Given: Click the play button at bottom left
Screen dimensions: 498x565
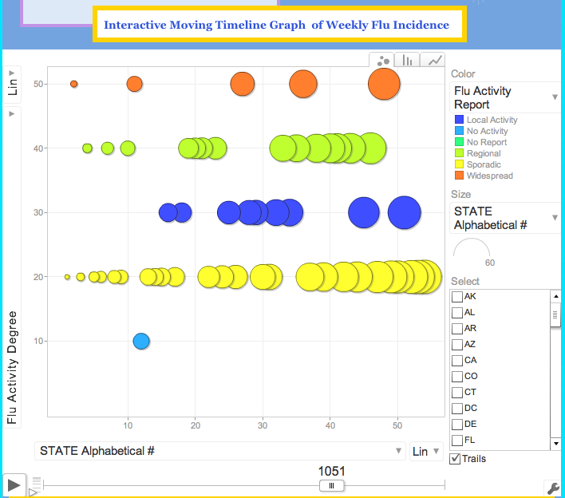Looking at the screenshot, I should [13, 484].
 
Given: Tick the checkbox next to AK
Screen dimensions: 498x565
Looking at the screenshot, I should [457, 297].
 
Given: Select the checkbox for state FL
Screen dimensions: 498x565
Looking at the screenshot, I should [457, 441].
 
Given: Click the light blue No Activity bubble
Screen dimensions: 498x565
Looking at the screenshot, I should [141, 341].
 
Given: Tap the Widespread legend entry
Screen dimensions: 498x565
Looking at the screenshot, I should [489, 176].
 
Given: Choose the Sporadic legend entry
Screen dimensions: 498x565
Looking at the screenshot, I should [484, 164].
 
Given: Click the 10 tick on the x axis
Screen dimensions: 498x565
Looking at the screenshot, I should [128, 425].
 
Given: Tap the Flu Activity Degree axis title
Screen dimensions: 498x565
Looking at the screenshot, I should [12, 367].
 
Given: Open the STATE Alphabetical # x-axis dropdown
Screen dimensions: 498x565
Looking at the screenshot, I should [220, 452].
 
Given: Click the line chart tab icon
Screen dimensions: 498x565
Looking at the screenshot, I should [434, 60].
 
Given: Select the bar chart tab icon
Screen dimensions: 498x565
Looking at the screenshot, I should [408, 60].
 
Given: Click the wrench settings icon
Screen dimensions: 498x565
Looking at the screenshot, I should [551, 488].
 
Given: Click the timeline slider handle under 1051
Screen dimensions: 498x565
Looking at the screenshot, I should [331, 485].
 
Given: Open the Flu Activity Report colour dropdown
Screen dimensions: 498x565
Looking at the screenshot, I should [504, 97].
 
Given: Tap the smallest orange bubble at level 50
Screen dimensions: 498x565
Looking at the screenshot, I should [73, 84].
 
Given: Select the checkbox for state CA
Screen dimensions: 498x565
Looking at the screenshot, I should [457, 361].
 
